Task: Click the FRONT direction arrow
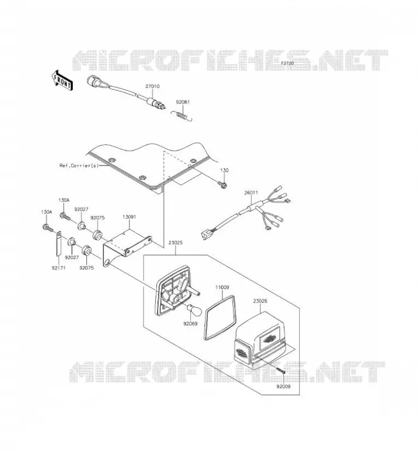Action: [62, 81]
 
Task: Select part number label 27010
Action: [152, 86]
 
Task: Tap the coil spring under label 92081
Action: [181, 115]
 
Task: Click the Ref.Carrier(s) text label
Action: [79, 165]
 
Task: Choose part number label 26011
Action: [251, 193]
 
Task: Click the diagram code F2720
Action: [287, 63]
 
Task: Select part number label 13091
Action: [129, 217]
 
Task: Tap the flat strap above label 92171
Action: [58, 244]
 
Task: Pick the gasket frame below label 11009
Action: [220, 317]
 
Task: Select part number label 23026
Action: [260, 301]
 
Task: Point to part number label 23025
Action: [176, 243]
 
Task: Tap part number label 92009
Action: [283, 387]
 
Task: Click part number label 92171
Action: [59, 268]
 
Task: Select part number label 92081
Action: [183, 102]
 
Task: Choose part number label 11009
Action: [222, 288]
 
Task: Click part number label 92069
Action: [190, 324]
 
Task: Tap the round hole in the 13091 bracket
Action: [107, 263]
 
